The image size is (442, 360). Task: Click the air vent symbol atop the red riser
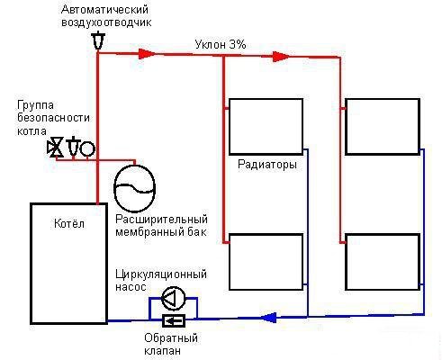pos(98,41)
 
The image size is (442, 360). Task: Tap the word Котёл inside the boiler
pos(69,223)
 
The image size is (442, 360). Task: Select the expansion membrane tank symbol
pos(135,188)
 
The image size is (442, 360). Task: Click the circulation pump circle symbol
pos(174,299)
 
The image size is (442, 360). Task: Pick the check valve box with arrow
pos(174,321)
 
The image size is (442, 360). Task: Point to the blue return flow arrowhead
pos(268,318)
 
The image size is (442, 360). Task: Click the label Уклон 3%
pos(221,45)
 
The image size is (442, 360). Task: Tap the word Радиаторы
pos(267,165)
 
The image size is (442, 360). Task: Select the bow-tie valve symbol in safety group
pos(56,147)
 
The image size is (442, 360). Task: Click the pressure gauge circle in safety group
pos(87,148)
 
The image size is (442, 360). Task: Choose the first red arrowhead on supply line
pos(147,54)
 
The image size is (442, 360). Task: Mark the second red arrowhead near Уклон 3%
pos(281,57)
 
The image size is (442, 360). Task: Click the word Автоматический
pos(104,10)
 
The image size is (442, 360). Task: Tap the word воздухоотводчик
pos(106,22)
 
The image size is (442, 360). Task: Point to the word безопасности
pos(53,118)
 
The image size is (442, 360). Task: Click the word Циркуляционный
pos(161,274)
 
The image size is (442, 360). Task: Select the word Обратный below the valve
pos(171,338)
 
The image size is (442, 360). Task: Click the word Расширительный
pos(162,220)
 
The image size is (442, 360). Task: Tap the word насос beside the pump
pos(131,287)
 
